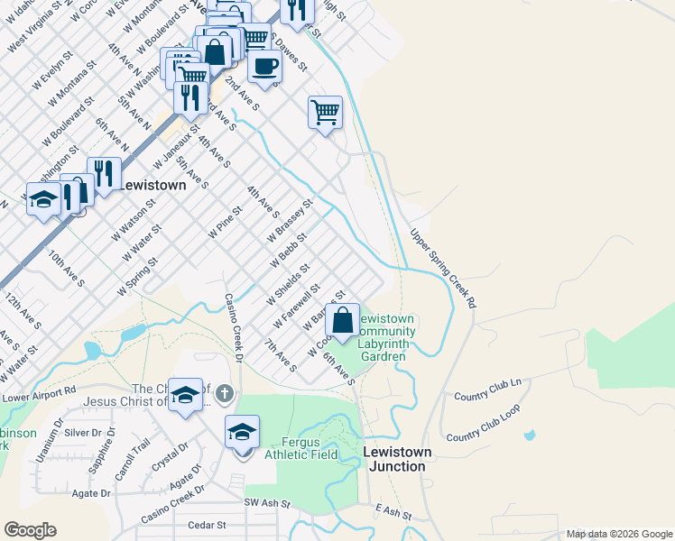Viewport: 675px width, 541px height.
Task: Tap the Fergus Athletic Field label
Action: [x=301, y=448]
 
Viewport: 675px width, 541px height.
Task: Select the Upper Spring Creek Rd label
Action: [x=442, y=269]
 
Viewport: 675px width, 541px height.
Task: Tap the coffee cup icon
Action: [x=264, y=67]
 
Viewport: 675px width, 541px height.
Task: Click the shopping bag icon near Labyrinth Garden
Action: [x=343, y=320]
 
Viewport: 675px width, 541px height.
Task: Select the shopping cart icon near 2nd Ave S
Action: [x=325, y=113]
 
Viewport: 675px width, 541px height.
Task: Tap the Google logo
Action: [x=30, y=530]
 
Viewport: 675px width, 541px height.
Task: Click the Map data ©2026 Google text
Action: [x=619, y=534]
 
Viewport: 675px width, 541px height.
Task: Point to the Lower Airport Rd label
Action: [x=39, y=394]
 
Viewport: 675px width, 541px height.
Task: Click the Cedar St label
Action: [x=206, y=524]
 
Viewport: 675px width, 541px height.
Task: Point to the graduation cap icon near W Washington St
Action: [x=42, y=200]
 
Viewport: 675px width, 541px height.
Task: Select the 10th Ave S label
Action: [x=67, y=269]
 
